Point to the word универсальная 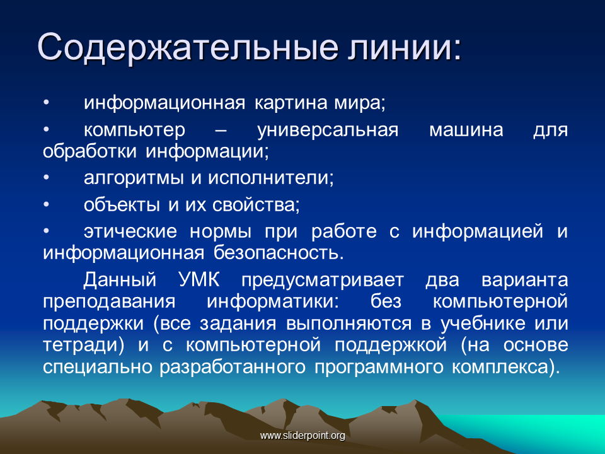328,130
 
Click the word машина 466,130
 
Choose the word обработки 89,151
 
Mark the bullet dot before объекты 46,204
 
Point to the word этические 130,231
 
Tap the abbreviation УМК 199,279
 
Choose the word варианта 525,280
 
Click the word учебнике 483,323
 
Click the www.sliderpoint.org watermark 302,436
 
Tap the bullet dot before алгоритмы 46,178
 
